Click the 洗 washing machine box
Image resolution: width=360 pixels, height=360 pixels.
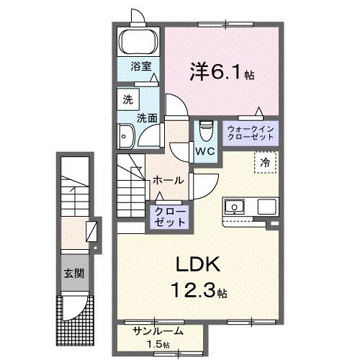(127, 98)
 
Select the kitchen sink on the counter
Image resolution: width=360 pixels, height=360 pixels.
(235, 207)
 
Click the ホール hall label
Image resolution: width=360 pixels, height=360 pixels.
(168, 181)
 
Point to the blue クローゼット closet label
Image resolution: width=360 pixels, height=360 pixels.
(168, 215)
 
